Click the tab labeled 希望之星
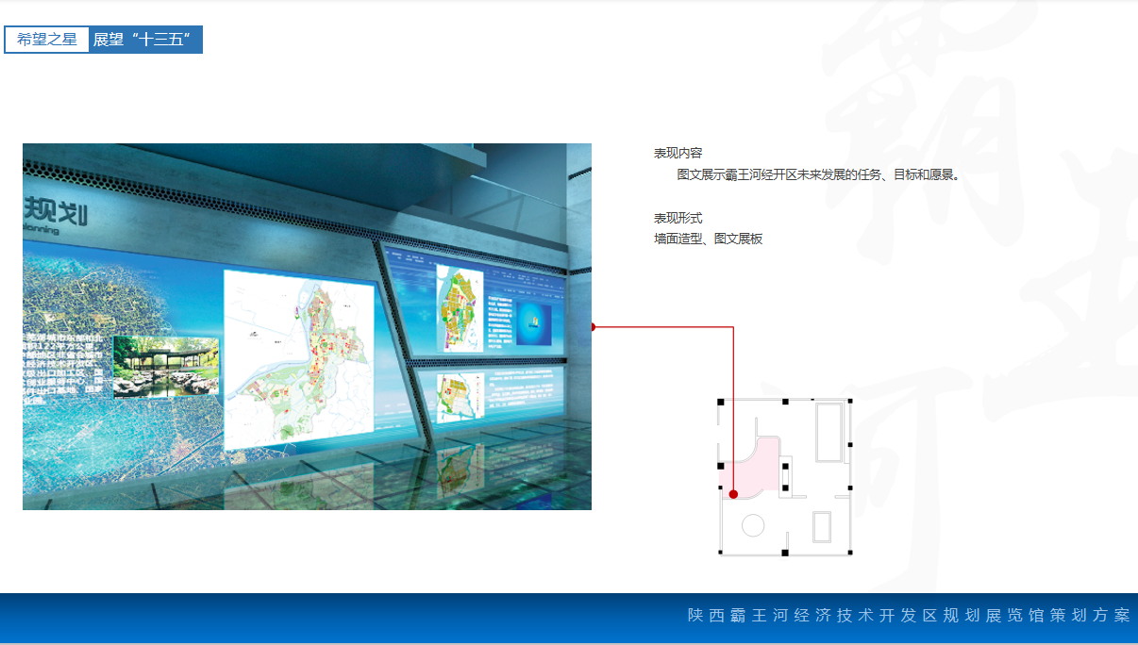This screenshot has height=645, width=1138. pos(47,40)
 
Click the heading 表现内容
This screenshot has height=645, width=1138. pos(678,153)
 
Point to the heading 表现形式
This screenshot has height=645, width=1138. pos(678,218)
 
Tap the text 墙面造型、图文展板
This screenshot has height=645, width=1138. pos(708,240)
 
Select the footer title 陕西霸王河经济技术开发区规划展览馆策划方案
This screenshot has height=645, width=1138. pos(908,616)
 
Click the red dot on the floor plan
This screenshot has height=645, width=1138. pos(733,494)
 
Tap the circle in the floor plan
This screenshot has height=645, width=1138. pos(753,525)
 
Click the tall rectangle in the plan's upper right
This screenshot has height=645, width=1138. pos(829,432)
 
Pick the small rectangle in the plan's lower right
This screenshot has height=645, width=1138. pos(821,526)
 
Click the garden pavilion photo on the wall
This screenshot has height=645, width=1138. pos(166,366)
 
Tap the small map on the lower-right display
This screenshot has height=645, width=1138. pos(457,396)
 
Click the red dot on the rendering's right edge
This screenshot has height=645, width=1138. pos(593,327)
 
